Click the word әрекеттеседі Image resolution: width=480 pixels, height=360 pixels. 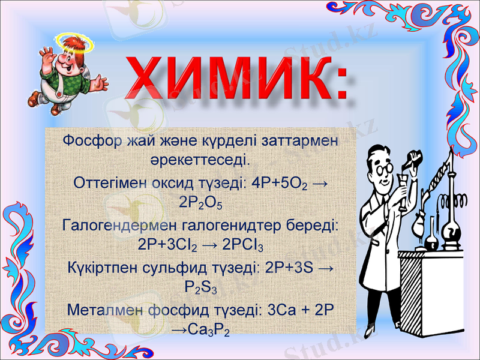pyautogui.click(x=200, y=161)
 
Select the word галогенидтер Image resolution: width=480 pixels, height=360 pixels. pyautogui.click(x=224, y=224)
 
